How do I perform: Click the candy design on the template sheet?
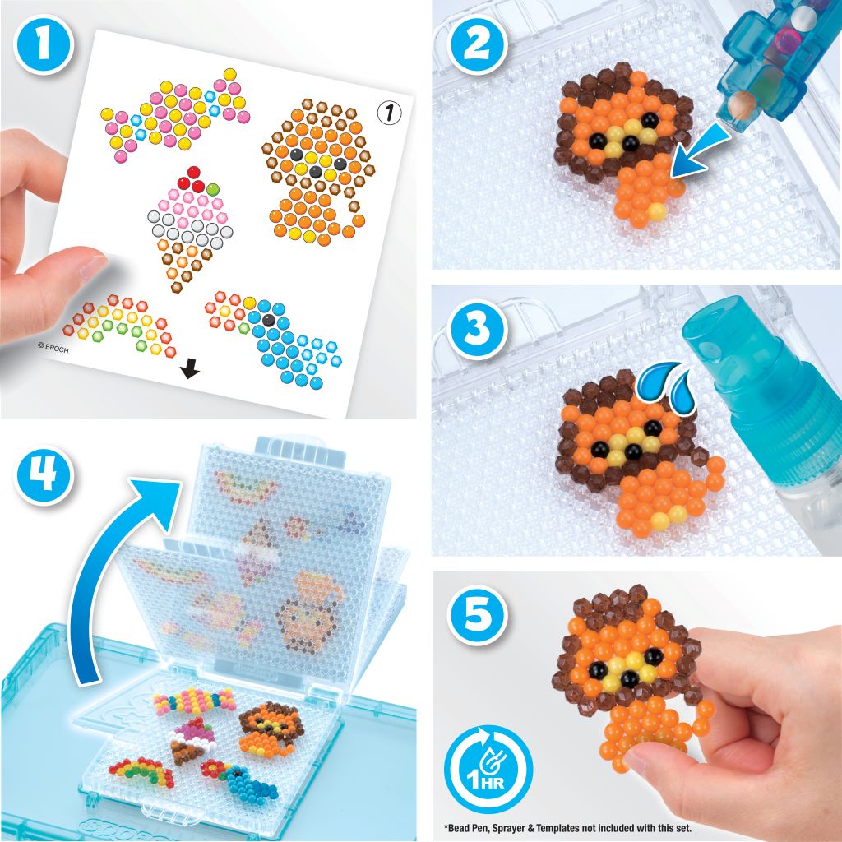click(x=174, y=114)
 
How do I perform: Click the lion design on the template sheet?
click(x=315, y=173)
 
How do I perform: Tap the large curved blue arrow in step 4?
click(x=115, y=576)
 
